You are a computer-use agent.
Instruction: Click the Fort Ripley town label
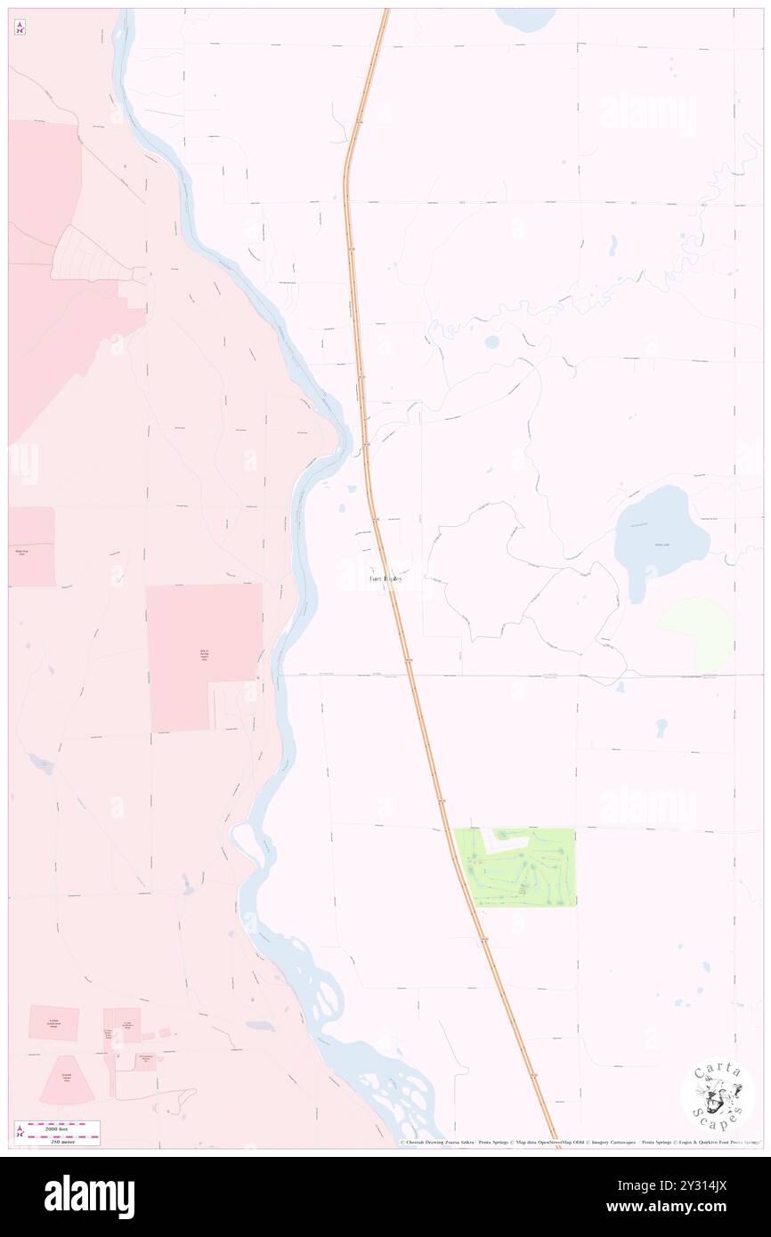tap(385, 578)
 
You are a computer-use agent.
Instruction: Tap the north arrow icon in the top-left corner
tap(20, 28)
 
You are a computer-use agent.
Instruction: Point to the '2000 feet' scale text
tap(63, 1128)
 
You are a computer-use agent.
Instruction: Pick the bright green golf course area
tap(515, 867)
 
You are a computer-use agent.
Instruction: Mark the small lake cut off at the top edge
tap(525, 18)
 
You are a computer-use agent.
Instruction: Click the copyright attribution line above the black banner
tap(579, 1142)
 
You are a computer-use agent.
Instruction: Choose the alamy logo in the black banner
tap(89, 1196)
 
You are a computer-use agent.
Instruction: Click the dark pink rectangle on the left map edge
tap(30, 546)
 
